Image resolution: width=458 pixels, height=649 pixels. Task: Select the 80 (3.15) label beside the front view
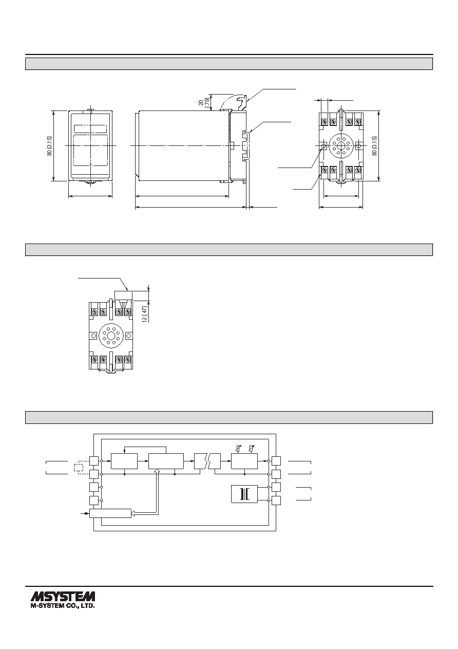pyautogui.click(x=49, y=146)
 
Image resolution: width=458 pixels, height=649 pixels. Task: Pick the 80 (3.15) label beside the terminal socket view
pyautogui.click(x=375, y=146)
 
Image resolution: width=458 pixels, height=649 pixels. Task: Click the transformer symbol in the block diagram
pyautogui.click(x=244, y=494)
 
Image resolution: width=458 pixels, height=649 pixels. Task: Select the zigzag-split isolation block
pyautogui.click(x=207, y=461)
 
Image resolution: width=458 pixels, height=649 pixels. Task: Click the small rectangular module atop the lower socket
pyautogui.click(x=124, y=295)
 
